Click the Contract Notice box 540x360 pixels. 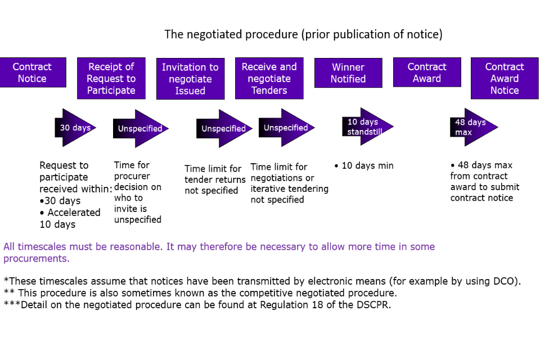33,73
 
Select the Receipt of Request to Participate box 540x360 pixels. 111,78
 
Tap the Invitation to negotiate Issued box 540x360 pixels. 190,79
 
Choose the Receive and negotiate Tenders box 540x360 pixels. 269,78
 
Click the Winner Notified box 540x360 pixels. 348,73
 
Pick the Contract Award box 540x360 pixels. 427,73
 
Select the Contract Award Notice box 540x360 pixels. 505,78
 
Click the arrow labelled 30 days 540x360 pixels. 75,128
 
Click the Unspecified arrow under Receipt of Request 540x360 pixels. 140,129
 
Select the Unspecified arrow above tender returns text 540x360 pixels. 223,129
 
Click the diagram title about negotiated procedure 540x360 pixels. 303,34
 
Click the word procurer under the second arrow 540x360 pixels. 133,176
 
